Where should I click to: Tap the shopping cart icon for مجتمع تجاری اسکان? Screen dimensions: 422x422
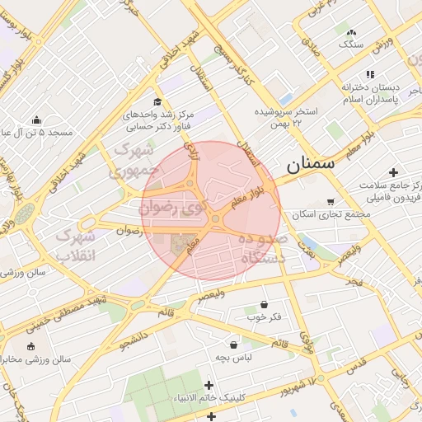[x=331, y=201]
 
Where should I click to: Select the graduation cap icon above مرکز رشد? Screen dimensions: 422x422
[x=157, y=101]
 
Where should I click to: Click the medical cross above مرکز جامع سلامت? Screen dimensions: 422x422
[x=393, y=173]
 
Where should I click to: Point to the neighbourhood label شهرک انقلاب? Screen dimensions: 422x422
[x=76, y=246]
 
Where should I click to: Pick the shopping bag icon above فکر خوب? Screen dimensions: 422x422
[x=263, y=304]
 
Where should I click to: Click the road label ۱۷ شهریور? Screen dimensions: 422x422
[x=296, y=384]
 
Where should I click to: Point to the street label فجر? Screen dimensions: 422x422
[x=354, y=283]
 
